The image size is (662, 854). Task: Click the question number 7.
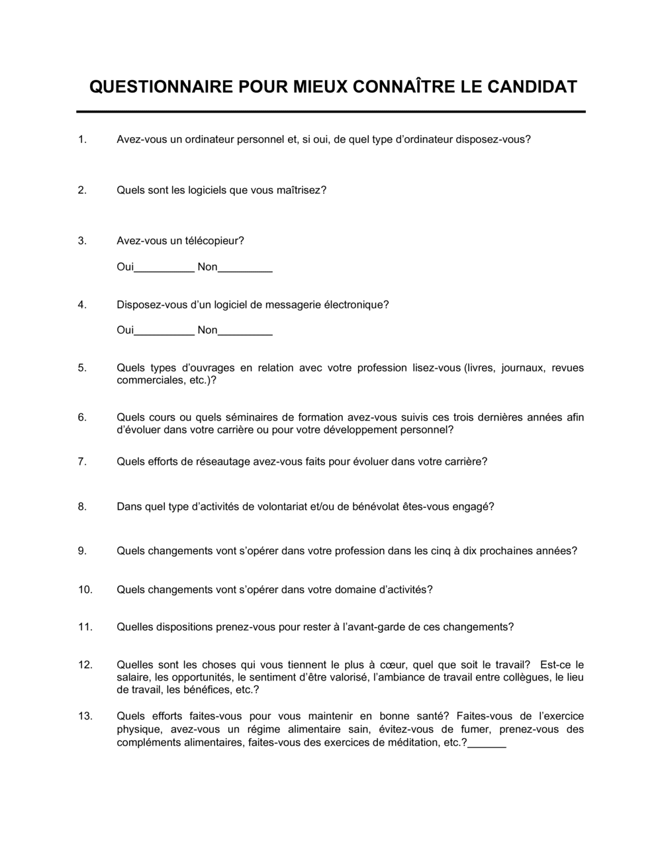tap(82, 461)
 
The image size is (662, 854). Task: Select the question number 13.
tap(85, 716)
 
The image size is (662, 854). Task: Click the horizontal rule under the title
tap(331, 112)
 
